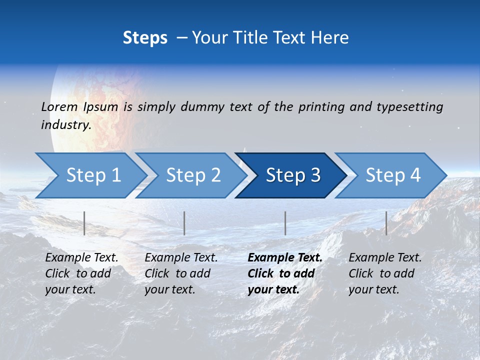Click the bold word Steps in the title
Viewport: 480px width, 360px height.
[x=145, y=37]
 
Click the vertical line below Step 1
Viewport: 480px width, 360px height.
[x=84, y=223]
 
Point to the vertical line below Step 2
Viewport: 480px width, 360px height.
[x=184, y=223]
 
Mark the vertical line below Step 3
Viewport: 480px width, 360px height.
[x=285, y=223]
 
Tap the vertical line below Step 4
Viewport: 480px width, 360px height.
[x=386, y=223]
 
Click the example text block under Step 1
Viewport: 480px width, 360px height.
[x=81, y=273]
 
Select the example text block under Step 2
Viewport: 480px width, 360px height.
[x=181, y=273]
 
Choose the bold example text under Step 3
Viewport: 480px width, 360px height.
[x=285, y=273]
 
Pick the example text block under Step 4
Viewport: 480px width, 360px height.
[x=385, y=273]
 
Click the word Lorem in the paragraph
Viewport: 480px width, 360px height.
[x=59, y=106]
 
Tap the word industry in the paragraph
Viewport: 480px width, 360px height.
[x=65, y=124]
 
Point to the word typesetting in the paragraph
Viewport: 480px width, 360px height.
[x=409, y=106]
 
